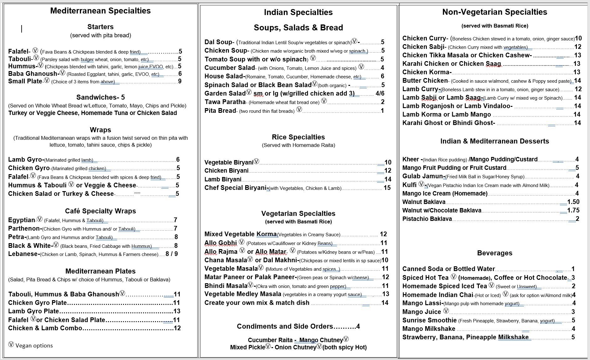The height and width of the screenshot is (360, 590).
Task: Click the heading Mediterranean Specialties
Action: (100, 11)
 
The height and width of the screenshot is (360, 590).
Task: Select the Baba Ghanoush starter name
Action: (33, 74)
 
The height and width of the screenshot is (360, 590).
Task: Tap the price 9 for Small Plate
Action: (180, 81)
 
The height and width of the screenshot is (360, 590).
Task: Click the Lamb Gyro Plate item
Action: (34, 311)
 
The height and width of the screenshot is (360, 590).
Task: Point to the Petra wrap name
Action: (17, 237)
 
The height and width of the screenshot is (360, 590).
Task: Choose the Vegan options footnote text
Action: (34, 346)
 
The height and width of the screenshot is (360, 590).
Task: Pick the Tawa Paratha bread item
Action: (225, 102)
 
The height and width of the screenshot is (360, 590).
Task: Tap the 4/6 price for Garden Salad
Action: (380, 94)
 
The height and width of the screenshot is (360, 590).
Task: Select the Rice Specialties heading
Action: (298, 137)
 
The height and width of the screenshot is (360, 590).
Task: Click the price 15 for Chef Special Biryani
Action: (387, 188)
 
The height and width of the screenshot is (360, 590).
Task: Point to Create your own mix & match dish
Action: (257, 303)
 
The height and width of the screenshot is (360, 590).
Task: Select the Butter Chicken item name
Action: (425, 81)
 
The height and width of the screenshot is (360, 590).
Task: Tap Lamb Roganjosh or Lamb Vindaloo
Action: (457, 106)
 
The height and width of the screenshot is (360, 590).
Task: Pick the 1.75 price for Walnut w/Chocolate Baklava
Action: (573, 211)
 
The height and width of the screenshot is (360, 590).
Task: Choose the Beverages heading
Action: (494, 253)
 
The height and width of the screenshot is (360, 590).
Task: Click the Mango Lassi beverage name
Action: (422, 303)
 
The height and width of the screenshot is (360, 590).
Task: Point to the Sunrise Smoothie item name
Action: (429, 321)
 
